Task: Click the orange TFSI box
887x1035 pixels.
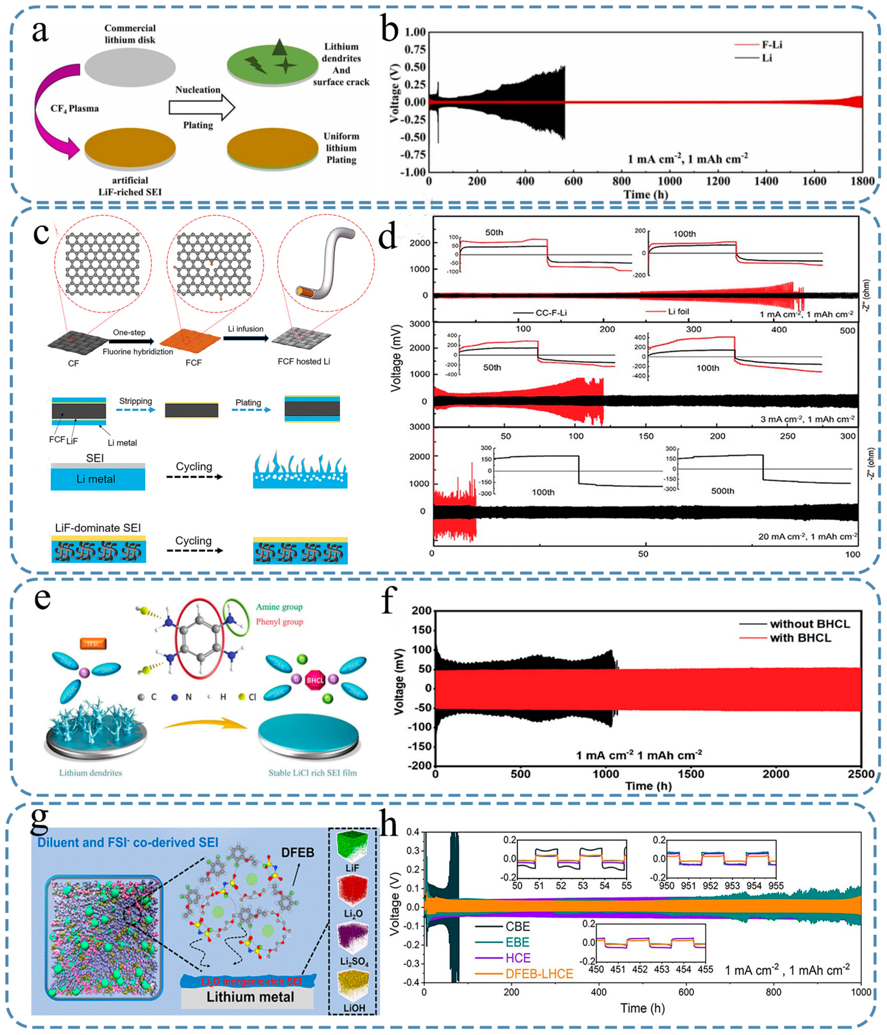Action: click(x=93, y=643)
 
